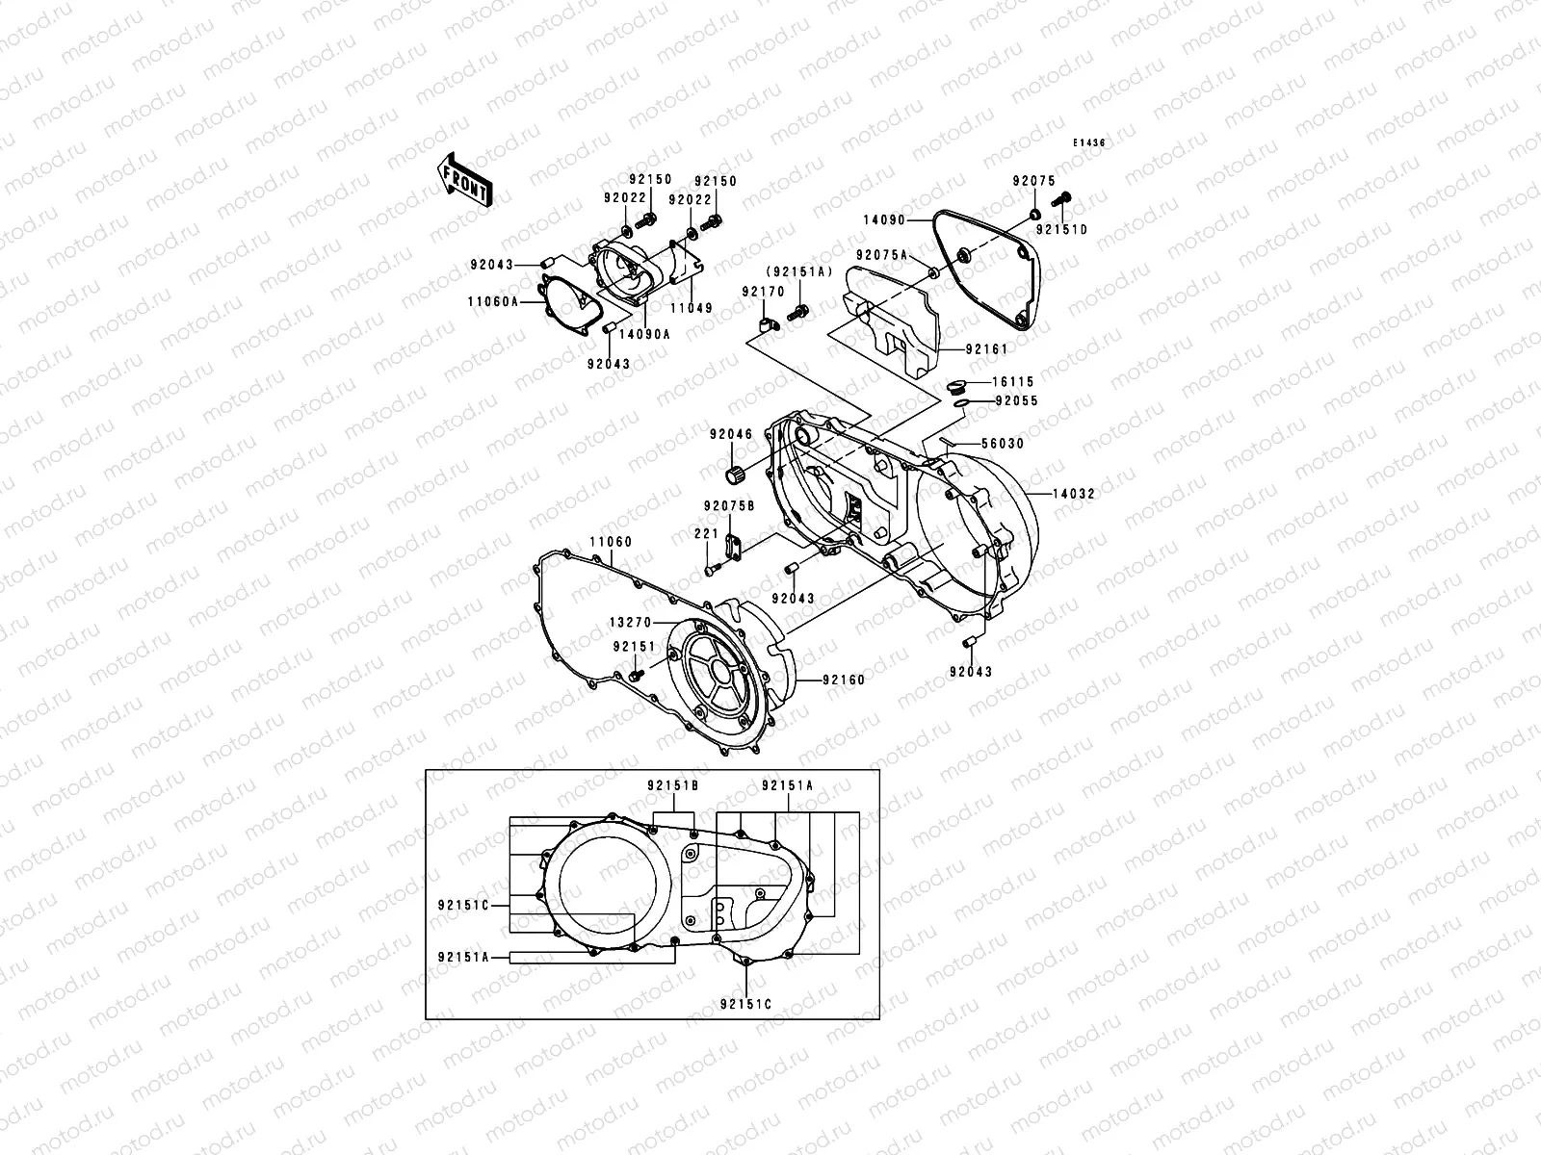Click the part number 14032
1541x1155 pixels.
point(1071,494)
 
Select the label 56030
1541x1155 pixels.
point(1002,445)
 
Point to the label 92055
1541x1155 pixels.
point(1016,401)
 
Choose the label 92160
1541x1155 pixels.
point(844,680)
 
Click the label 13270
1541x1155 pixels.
point(629,623)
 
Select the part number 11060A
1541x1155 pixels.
point(494,301)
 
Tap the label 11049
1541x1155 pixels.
point(692,309)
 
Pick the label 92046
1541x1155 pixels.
point(731,435)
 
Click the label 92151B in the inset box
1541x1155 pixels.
point(673,785)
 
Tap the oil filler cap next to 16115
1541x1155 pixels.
point(955,387)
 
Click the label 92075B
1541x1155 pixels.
point(728,506)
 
